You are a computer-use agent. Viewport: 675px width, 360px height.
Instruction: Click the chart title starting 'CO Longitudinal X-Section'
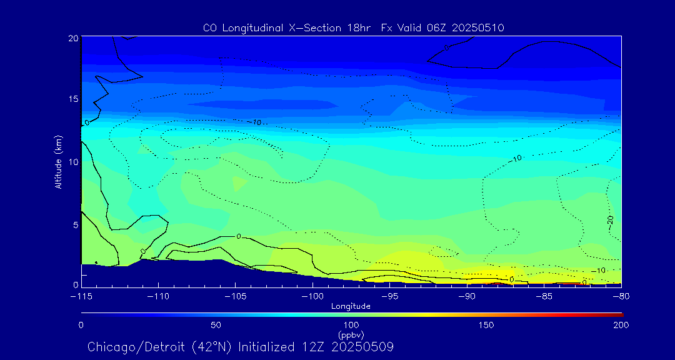pyautogui.click(x=354, y=28)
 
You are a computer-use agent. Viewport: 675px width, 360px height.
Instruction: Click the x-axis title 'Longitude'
pyautogui.click(x=351, y=306)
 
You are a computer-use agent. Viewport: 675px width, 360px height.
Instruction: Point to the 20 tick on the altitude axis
pyautogui.click(x=72, y=38)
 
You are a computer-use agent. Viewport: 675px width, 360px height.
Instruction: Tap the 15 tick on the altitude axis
pyautogui.click(x=72, y=99)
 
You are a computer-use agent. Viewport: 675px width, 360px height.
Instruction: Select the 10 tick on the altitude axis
pyautogui.click(x=72, y=162)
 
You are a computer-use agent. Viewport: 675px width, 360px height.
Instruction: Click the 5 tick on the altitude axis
pyautogui.click(x=74, y=224)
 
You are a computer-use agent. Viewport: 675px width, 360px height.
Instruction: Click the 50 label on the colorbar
pyautogui.click(x=216, y=325)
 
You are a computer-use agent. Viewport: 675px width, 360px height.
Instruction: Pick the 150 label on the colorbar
pyautogui.click(x=486, y=325)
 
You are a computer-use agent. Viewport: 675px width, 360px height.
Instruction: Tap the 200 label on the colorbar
pyautogui.click(x=621, y=325)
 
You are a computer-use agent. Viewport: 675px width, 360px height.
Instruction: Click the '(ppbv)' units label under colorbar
pyautogui.click(x=351, y=335)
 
